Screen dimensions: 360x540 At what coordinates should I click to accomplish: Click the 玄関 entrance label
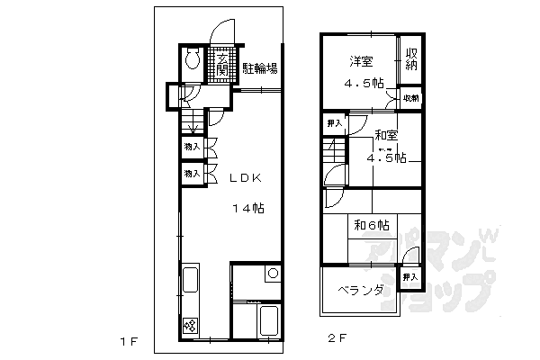221,67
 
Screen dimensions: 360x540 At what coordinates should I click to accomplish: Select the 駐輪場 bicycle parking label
259,67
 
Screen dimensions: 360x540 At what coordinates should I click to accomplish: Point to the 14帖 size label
246,209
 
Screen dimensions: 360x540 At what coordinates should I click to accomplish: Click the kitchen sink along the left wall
191,281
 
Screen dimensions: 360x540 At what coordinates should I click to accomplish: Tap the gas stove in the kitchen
191,326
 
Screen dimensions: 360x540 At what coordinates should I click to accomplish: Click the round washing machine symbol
273,274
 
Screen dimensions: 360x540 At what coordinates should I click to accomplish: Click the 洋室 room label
362,60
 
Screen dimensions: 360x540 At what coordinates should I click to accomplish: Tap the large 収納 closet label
410,59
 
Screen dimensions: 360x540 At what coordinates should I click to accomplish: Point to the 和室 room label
387,136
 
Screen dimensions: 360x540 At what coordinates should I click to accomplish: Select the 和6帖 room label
372,224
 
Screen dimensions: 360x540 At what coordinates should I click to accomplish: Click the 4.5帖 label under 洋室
364,84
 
